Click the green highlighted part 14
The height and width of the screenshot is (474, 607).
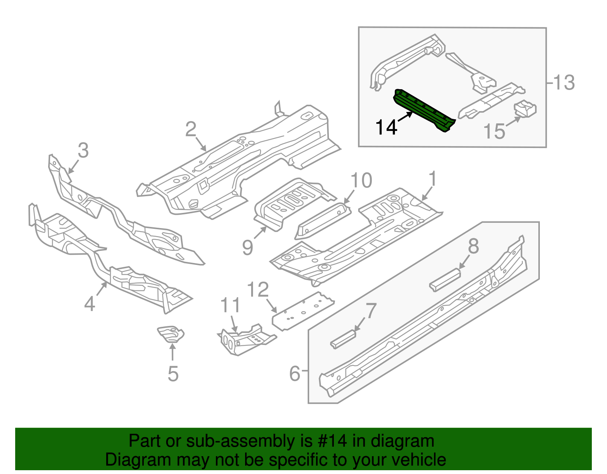[x=424, y=110]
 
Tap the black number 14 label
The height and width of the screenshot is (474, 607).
[x=386, y=127]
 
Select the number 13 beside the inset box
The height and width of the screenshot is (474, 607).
[x=564, y=82]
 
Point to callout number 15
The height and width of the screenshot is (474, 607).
[x=494, y=132]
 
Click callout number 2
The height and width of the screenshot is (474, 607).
[x=190, y=130]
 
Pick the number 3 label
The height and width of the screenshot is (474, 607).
[x=83, y=151]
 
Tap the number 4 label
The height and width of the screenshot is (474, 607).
[x=90, y=304]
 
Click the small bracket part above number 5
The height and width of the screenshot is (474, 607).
[x=171, y=333]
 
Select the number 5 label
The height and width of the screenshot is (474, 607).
[x=173, y=374]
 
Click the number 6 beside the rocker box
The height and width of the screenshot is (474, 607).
[x=295, y=373]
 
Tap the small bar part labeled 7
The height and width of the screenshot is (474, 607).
[x=343, y=339]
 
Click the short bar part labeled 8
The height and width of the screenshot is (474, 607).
[x=445, y=280]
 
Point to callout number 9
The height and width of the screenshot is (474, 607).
[x=247, y=247]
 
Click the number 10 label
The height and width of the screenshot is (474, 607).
[x=361, y=181]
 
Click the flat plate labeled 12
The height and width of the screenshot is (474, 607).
[x=303, y=311]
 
